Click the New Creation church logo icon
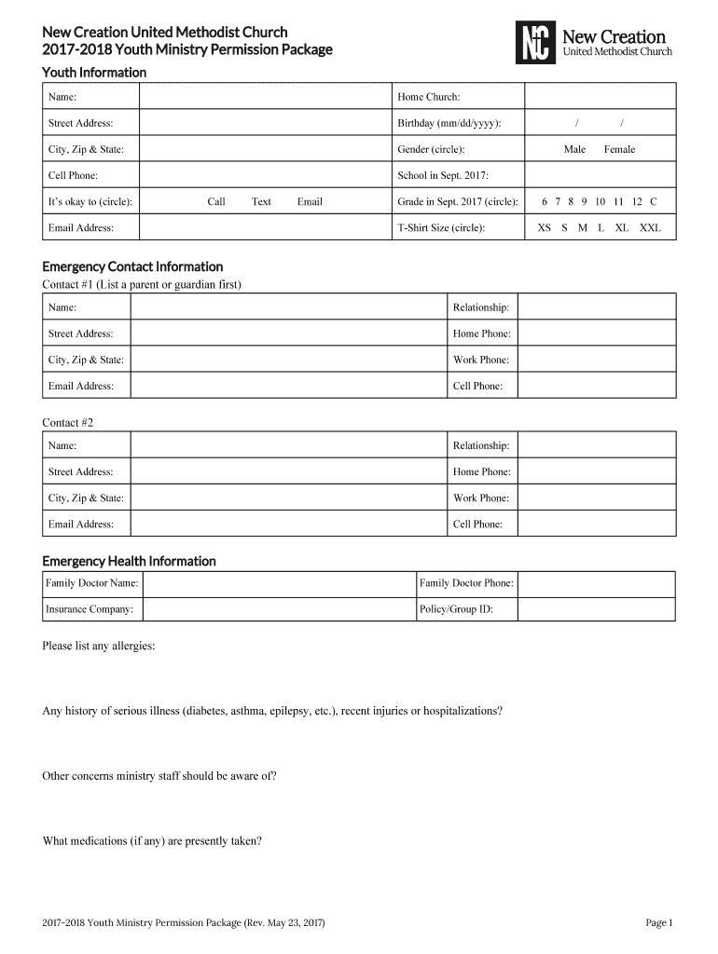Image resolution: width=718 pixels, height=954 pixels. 534,43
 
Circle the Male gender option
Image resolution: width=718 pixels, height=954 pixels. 574,149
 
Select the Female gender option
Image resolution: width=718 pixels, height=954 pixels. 619,149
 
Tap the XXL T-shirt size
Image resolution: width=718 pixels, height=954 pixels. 650,227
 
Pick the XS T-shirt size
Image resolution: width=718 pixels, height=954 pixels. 545,227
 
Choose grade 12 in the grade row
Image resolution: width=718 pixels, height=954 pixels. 637,201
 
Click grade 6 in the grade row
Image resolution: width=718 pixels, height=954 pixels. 544,201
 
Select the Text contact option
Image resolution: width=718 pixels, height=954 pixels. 261,201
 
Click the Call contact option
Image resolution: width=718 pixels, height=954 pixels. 216,201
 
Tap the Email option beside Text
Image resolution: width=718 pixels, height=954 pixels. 310,201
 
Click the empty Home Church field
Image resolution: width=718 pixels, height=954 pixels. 600,97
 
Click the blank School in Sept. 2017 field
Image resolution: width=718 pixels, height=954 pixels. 600,175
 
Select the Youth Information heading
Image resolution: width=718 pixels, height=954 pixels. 94,73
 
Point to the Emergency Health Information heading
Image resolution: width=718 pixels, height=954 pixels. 129,561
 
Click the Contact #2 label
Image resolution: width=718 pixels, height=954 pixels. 68,423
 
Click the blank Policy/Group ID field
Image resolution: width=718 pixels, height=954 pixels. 596,609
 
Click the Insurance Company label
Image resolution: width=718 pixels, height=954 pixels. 90,609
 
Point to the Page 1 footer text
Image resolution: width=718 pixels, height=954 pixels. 658,923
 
